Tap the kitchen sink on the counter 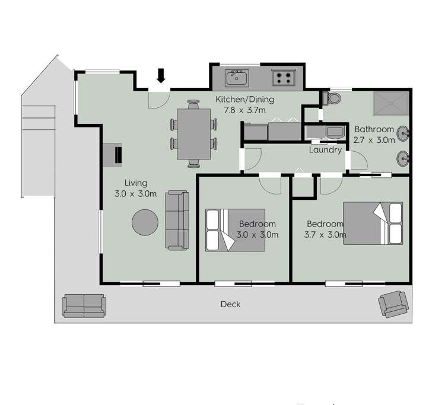[x=237, y=77]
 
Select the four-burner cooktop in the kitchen [x=282, y=77]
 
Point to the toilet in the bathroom [x=334, y=98]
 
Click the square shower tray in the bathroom [x=391, y=104]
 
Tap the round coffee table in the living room [x=145, y=223]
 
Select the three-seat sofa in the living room [x=176, y=220]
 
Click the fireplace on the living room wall [x=114, y=154]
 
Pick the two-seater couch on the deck [x=84, y=305]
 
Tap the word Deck [x=230, y=304]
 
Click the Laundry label [x=325, y=150]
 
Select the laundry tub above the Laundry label [x=325, y=132]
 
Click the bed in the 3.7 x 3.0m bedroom [x=373, y=223]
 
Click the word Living [x=135, y=183]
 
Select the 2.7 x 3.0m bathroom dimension [x=374, y=140]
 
